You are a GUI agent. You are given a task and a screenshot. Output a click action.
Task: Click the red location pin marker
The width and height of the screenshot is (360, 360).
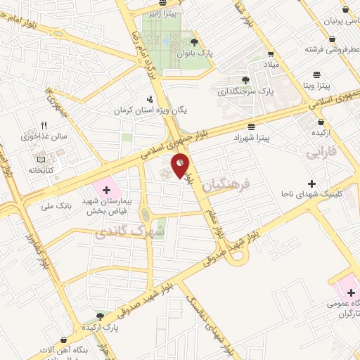pos(180,166)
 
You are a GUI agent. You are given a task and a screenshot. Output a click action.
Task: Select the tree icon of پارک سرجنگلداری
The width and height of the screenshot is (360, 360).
pos(245,81)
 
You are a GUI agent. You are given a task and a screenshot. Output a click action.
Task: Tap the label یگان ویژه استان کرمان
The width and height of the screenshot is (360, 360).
pos(151,110)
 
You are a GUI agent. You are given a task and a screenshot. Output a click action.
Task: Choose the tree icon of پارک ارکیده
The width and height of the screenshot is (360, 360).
pos(100,317)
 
